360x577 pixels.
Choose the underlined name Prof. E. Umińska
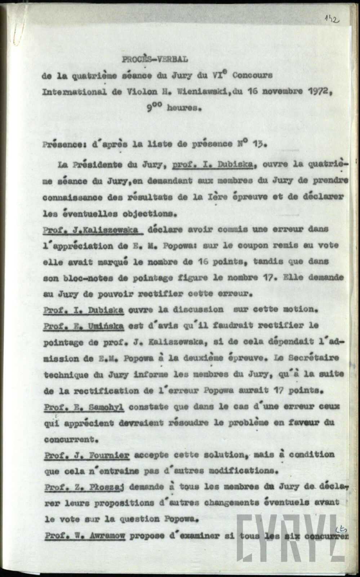pyautogui.click(x=84, y=326)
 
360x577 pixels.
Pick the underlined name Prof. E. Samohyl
pyautogui.click(x=84, y=407)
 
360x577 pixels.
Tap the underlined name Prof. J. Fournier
pyautogui.click(x=86, y=455)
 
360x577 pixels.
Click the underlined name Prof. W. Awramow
pyautogui.click(x=85, y=536)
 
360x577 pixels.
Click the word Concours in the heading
pyautogui.click(x=253, y=76)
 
